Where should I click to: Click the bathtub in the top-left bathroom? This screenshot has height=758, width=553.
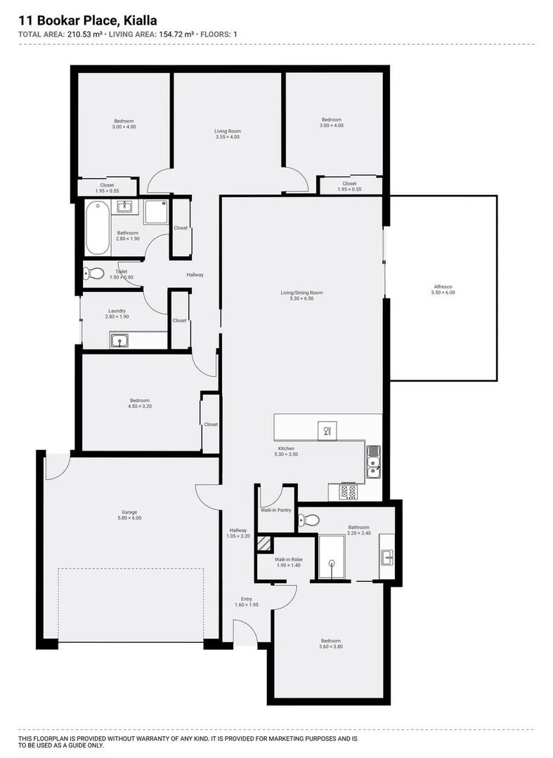pos(98,229)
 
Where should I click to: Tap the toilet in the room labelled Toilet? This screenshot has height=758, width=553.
pos(94,274)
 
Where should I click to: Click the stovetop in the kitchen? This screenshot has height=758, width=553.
pos(349,492)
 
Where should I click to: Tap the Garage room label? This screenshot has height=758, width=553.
pos(129,512)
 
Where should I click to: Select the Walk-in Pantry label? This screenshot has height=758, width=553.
pos(275,510)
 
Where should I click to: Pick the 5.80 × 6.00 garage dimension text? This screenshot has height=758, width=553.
pos(129,519)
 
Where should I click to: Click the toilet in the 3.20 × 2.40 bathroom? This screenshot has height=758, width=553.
pos(308,520)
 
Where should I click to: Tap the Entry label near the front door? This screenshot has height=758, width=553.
pos(246,599)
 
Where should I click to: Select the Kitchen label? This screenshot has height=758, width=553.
pos(286,448)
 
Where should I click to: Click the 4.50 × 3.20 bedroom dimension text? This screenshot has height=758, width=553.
pos(139,406)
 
